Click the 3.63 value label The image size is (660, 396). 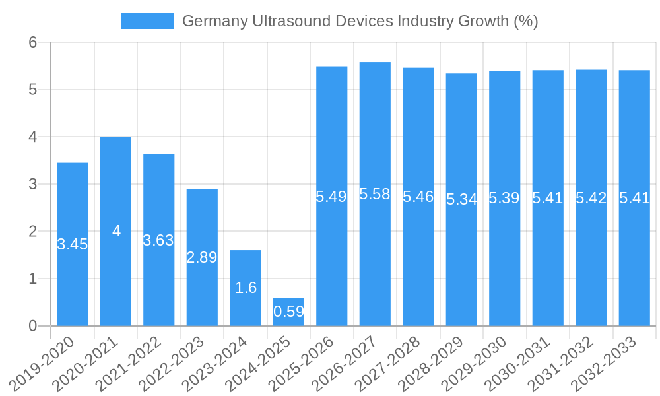pyautogui.click(x=158, y=240)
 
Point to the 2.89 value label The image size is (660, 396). pyautogui.click(x=202, y=258)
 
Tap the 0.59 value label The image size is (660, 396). pyautogui.click(x=288, y=312)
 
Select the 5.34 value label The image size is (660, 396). pyautogui.click(x=461, y=199)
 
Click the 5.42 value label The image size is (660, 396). pyautogui.click(x=591, y=198)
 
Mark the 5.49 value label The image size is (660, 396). pyautogui.click(x=331, y=196)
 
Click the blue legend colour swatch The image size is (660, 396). pyautogui.click(x=147, y=21)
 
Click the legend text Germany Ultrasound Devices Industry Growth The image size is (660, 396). pyautogui.click(x=360, y=21)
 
